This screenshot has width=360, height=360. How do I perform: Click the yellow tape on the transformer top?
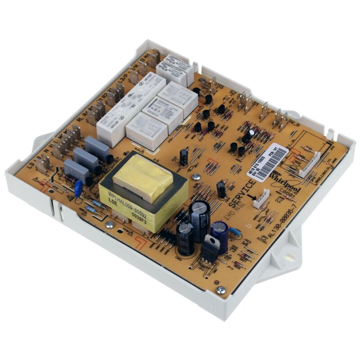(x=143, y=178)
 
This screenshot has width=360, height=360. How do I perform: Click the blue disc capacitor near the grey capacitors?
(x=78, y=189)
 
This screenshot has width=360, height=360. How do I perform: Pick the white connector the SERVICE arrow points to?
(x=261, y=198)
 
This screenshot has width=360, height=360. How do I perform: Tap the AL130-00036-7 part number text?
(x=288, y=213)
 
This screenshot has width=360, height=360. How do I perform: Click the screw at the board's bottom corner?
(x=220, y=290)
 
